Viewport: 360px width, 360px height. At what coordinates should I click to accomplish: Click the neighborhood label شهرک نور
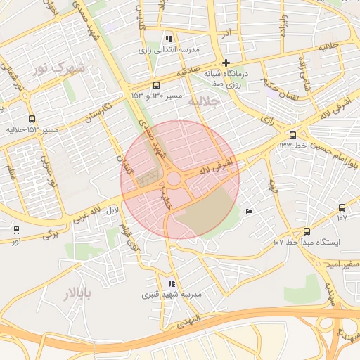click(58, 68)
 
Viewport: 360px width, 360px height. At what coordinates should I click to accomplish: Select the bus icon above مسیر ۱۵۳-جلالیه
click(32, 120)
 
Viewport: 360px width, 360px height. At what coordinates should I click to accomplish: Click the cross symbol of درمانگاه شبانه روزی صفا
click(226, 63)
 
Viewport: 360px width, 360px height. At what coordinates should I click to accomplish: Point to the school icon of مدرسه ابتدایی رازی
click(168, 39)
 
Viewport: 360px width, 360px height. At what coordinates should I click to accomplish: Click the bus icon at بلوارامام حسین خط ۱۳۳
click(292, 135)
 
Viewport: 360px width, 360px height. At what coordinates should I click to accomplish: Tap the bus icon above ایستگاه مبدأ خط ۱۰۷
click(307, 231)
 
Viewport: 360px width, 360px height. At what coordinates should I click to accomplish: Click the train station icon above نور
click(16, 230)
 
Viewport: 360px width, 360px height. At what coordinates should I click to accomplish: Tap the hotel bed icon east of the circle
click(248, 211)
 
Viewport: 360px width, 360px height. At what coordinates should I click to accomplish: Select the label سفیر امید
click(340, 263)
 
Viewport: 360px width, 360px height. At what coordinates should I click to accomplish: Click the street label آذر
click(226, 33)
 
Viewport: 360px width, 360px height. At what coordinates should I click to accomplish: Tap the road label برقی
click(49, 233)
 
